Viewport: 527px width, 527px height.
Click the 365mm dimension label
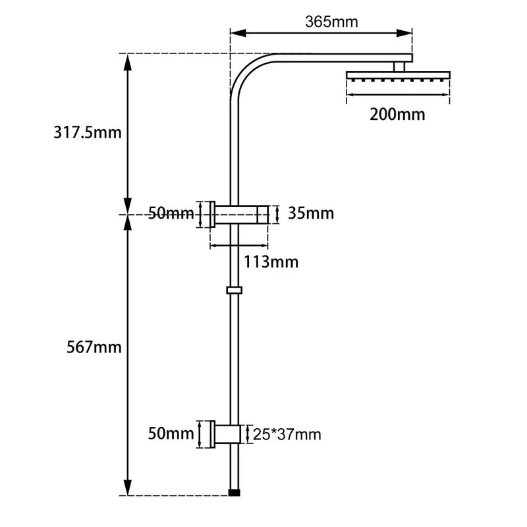pyautogui.click(x=331, y=22)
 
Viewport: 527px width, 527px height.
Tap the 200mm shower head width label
pyautogui.click(x=397, y=114)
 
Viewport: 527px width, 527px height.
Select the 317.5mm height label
pyautogui.click(x=88, y=132)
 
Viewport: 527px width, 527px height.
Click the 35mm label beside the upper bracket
pyautogui.click(x=311, y=213)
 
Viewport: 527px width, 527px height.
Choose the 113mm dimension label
pyautogui.click(x=272, y=262)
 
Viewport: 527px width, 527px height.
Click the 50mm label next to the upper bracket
pyautogui.click(x=171, y=213)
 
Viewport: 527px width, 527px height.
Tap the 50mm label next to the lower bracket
pyautogui.click(x=171, y=434)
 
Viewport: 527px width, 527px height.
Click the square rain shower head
pyautogui.click(x=398, y=76)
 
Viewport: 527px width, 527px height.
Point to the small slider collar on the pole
pyautogui.click(x=234, y=290)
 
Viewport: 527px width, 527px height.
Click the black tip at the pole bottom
pyautogui.click(x=234, y=492)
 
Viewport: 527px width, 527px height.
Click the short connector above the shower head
pyautogui.click(x=399, y=66)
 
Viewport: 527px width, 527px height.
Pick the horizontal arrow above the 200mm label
pyautogui.click(x=398, y=96)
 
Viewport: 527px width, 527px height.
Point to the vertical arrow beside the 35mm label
pyautogui.click(x=278, y=214)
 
